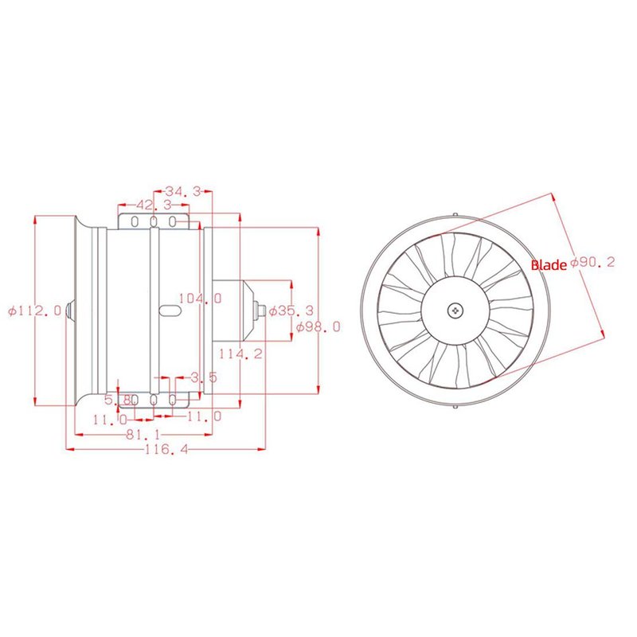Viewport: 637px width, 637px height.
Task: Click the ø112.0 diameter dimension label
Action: click(34, 311)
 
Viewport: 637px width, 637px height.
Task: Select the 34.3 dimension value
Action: click(182, 191)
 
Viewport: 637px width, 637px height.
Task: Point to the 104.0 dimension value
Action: click(201, 298)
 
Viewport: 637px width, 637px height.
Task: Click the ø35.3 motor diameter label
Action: click(291, 311)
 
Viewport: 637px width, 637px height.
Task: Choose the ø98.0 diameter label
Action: click(318, 326)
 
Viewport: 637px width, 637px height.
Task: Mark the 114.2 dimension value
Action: click(240, 354)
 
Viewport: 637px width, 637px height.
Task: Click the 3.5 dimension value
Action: click(204, 377)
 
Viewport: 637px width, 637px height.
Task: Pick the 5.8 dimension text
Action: click(118, 400)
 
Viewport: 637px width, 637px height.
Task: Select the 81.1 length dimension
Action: click(143, 435)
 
